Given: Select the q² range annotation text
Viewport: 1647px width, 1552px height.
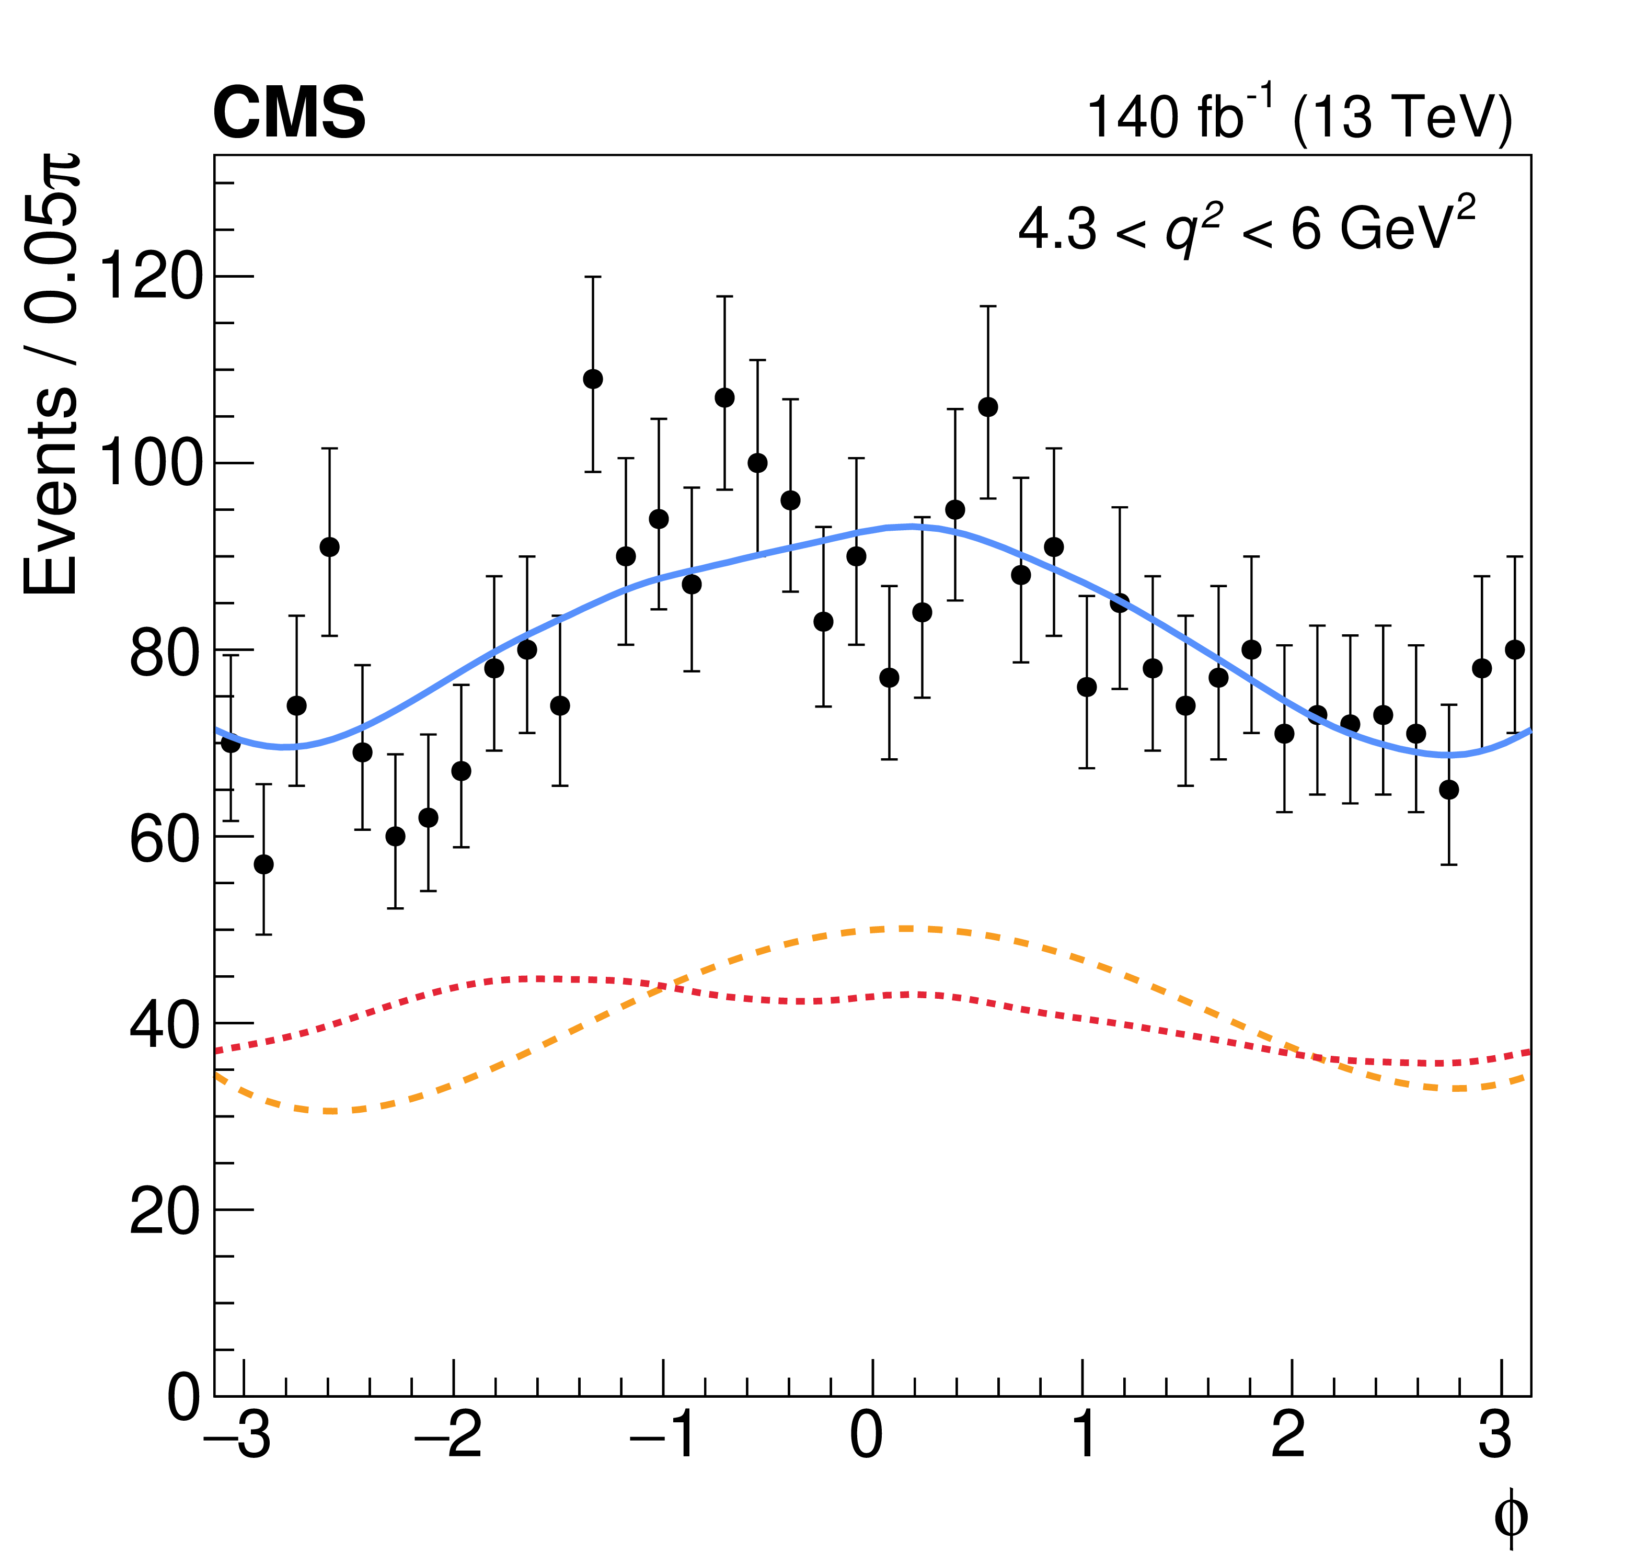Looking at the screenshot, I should point(1246,228).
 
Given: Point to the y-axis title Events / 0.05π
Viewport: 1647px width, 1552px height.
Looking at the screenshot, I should point(51,373).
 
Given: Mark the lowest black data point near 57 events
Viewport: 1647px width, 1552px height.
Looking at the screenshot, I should point(263,864).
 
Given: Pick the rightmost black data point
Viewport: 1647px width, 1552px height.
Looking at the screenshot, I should point(1514,649).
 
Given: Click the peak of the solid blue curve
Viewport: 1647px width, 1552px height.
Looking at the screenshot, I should point(912,526).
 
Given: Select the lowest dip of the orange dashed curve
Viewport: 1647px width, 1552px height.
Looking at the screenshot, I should point(331,1110).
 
